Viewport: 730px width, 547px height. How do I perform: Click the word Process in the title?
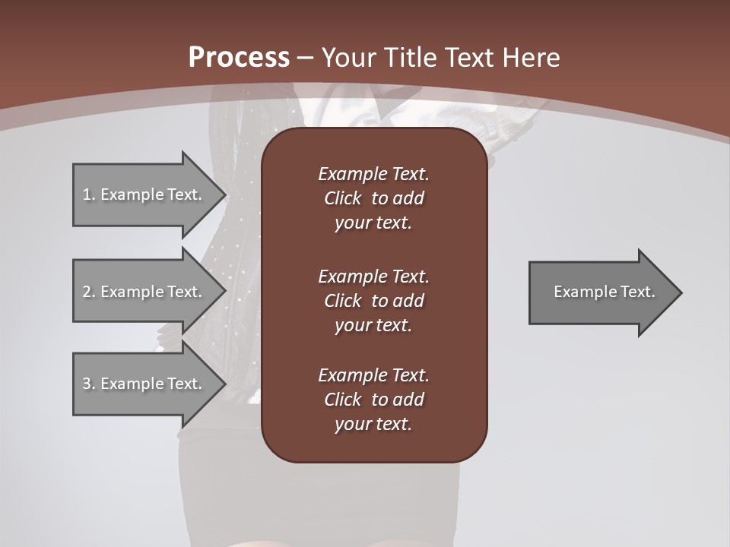[239, 58]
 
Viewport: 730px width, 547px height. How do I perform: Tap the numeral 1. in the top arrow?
[89, 194]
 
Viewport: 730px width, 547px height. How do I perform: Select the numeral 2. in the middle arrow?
[89, 292]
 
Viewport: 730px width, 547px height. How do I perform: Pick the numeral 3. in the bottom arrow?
[89, 384]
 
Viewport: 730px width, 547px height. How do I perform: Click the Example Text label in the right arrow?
[604, 292]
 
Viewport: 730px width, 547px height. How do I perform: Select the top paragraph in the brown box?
[373, 198]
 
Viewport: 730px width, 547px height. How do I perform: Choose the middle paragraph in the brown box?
[373, 301]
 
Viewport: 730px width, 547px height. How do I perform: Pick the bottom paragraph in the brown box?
[373, 400]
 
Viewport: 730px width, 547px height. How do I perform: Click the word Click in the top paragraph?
[342, 198]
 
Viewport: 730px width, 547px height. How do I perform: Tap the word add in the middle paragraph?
[409, 301]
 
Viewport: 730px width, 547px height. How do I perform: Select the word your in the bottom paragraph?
[351, 425]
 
